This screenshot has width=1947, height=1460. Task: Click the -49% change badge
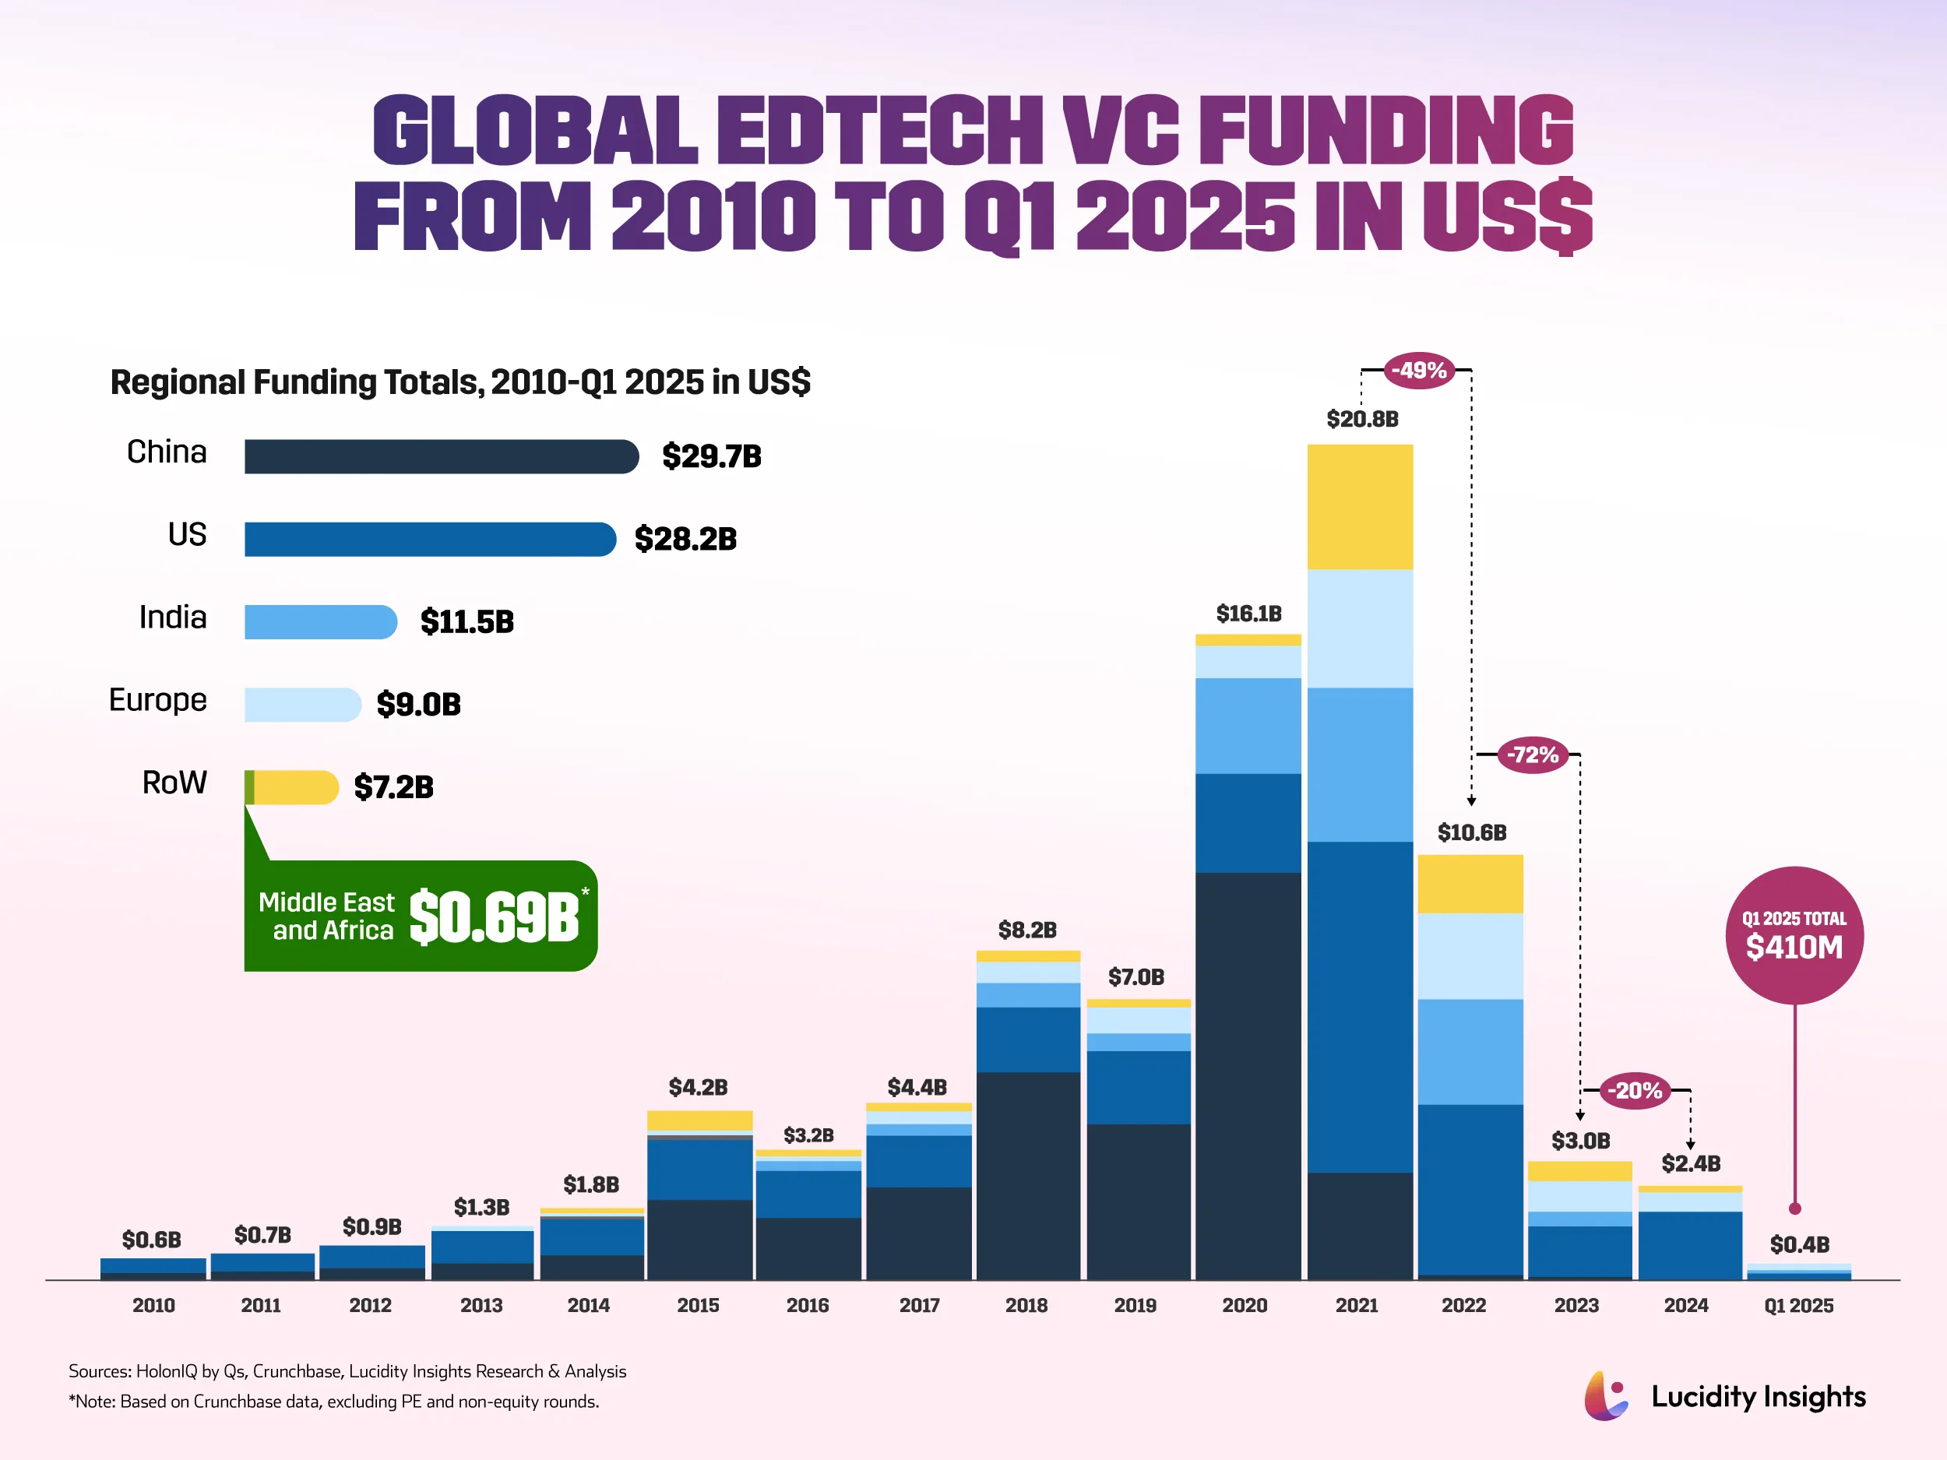[1419, 370]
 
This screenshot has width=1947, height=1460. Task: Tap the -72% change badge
[1533, 755]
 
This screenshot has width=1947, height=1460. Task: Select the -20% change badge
[1635, 1090]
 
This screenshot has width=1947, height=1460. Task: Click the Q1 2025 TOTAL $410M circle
[1794, 935]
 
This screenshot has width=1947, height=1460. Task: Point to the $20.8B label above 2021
[1361, 419]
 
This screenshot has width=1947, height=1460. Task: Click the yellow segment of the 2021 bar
[1360, 507]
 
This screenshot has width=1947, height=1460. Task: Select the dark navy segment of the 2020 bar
[1248, 1074]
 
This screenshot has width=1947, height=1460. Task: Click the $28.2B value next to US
[685, 539]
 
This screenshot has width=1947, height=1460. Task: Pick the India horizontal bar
[319, 622]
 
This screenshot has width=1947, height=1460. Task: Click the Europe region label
[157, 700]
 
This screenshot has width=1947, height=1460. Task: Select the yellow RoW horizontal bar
[295, 786]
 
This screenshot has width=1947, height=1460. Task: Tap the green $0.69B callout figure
[494, 917]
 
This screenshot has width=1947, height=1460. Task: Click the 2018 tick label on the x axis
[1026, 1305]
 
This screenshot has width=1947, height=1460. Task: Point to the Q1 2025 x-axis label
[1798, 1305]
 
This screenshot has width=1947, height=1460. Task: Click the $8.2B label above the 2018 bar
[1026, 929]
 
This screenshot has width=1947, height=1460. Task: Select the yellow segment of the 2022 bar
[1470, 884]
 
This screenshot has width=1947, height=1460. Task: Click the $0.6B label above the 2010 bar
[151, 1239]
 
